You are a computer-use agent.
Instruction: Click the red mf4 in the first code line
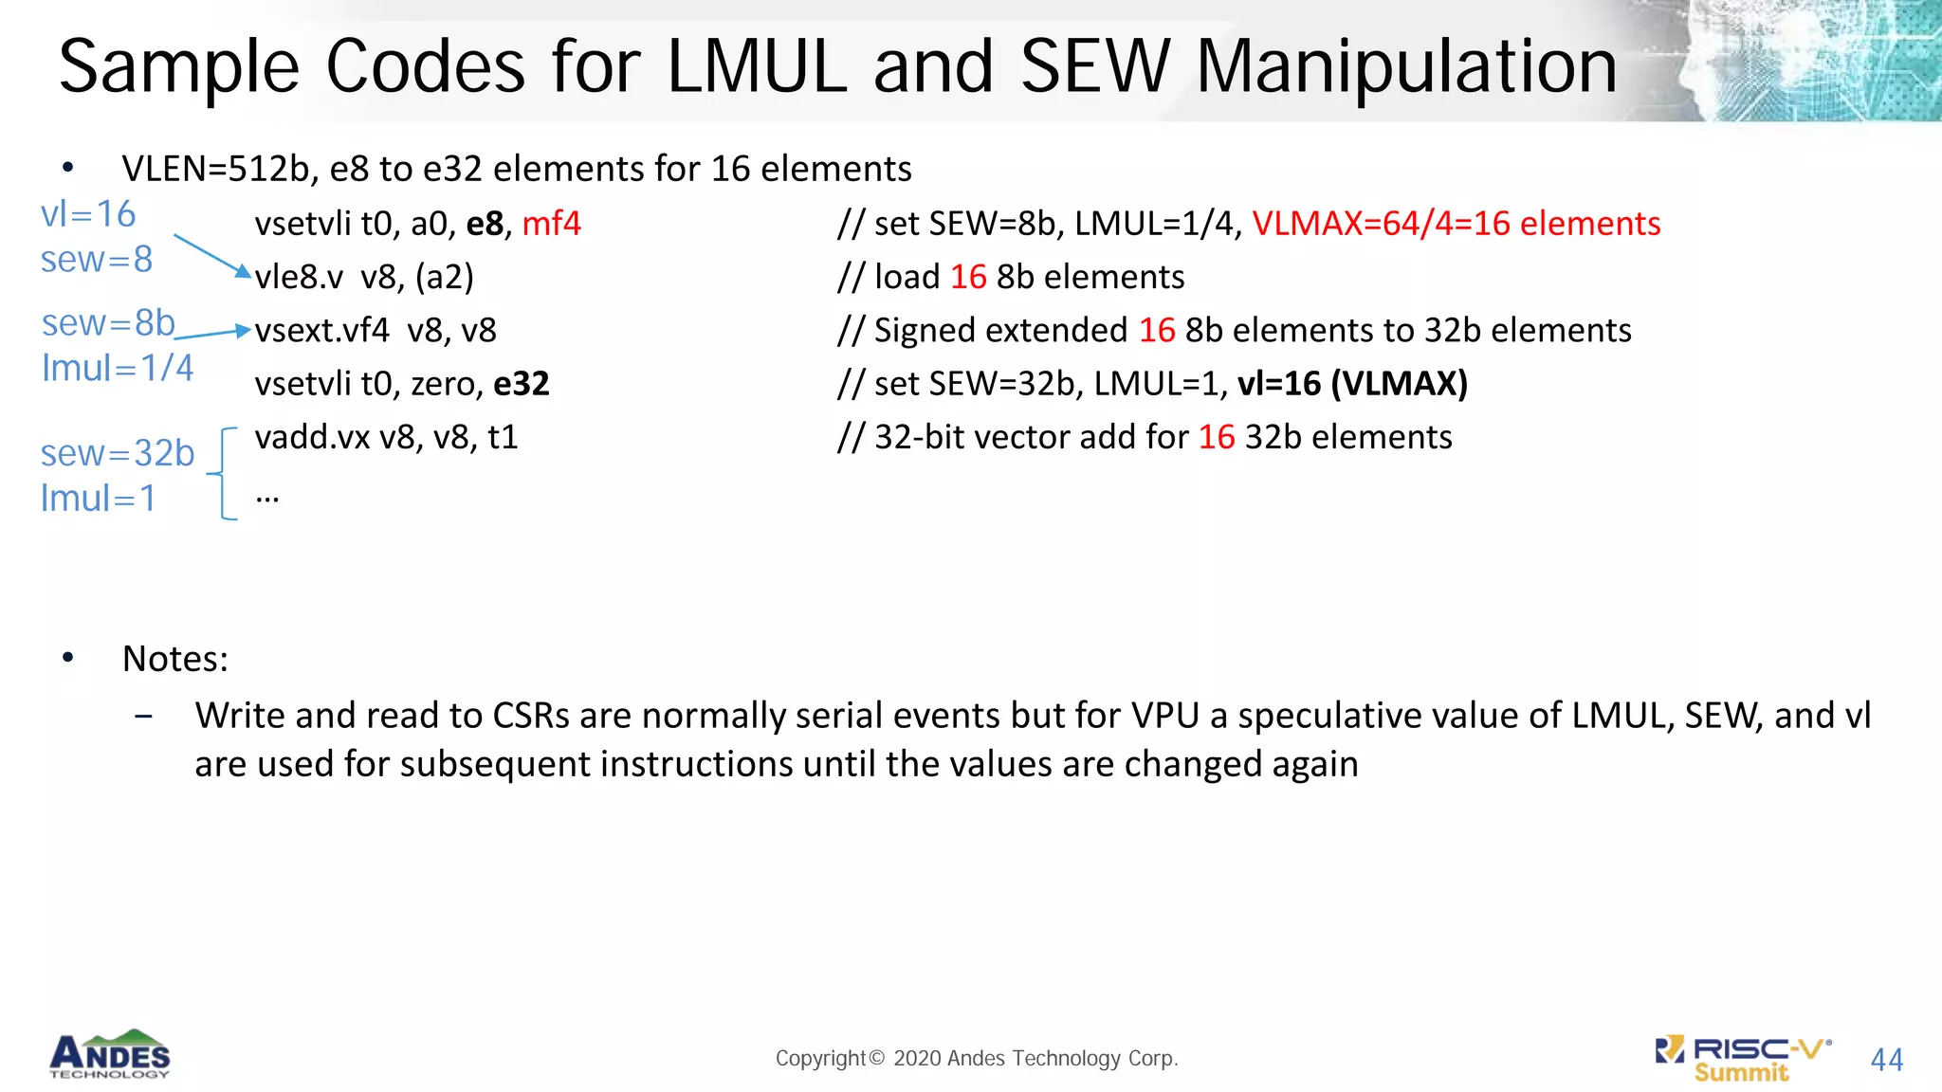click(551, 224)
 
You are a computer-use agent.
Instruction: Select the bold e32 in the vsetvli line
click(522, 384)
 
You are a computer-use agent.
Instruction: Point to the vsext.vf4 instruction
click(321, 331)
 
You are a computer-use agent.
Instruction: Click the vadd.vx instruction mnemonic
click(312, 437)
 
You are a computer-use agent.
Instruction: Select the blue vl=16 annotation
click(88, 214)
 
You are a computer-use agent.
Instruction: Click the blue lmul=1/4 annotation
click(118, 368)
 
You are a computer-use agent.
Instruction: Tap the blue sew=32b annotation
click(118, 454)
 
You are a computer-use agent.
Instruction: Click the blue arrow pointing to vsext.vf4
click(213, 334)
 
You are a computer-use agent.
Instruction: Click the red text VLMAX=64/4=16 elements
click(1456, 224)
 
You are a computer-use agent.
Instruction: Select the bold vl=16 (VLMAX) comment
click(1352, 384)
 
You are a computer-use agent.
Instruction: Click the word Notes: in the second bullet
click(175, 659)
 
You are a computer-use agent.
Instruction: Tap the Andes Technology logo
click(110, 1054)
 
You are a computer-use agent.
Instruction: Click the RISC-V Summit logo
click(1743, 1059)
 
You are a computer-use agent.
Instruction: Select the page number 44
click(1886, 1060)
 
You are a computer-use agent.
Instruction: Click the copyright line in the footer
click(977, 1058)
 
